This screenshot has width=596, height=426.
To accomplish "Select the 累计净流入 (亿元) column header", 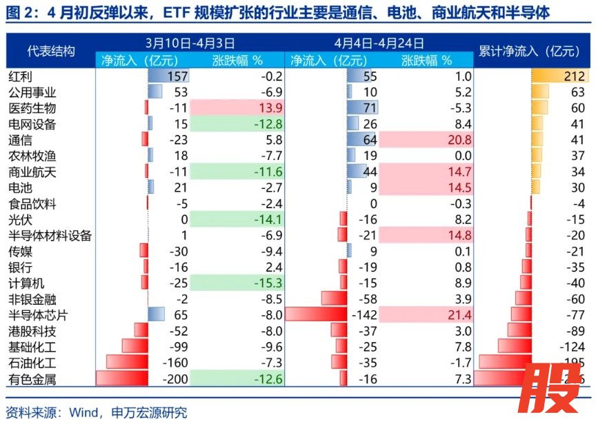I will point(529,51).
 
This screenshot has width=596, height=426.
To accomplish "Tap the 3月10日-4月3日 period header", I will point(191,43).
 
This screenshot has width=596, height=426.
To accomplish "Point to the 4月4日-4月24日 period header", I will point(379,43).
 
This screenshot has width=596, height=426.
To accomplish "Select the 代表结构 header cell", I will point(50,51).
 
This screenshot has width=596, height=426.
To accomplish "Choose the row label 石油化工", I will point(31,363).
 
